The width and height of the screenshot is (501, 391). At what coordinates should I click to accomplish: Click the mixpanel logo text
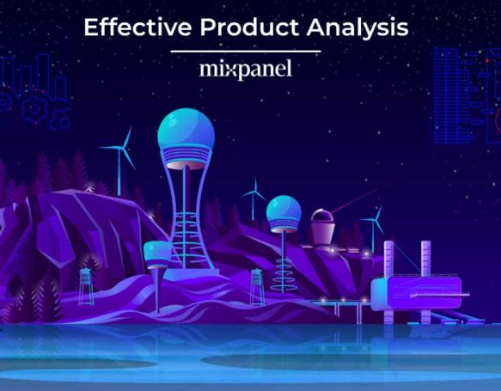coord(245,69)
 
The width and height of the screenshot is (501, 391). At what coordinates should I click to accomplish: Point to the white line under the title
coord(245,51)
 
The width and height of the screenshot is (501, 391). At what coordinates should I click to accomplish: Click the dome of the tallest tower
coord(186,130)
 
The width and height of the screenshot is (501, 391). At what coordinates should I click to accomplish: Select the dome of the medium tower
coord(284,211)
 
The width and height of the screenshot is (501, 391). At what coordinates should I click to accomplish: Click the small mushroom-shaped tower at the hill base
coord(157,253)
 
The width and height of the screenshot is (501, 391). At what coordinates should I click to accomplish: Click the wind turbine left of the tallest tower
coord(121,155)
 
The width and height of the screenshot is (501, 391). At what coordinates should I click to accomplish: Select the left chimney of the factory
coord(388,258)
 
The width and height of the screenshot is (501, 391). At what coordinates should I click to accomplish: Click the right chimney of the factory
coord(425,258)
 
